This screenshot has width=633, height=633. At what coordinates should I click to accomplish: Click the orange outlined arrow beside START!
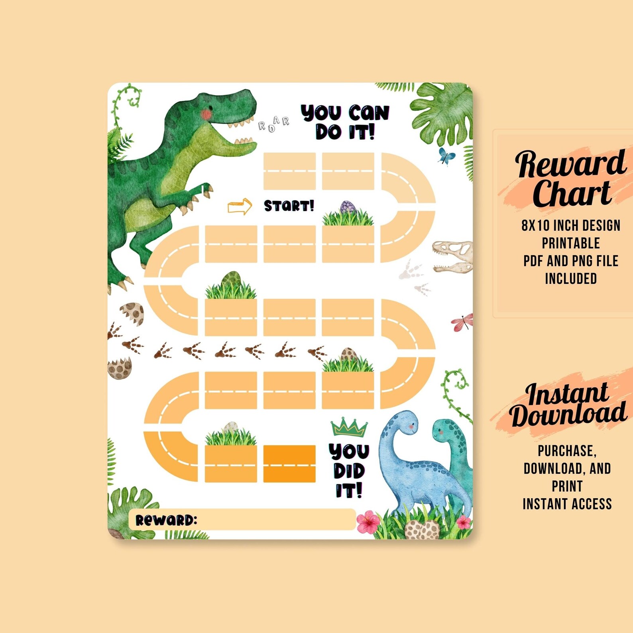240,206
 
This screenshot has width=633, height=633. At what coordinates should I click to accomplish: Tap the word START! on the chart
289,206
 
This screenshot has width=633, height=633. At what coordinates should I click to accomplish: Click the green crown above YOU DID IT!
349,428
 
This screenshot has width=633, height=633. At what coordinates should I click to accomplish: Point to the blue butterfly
446,156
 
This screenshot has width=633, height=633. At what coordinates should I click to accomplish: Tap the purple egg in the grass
348,207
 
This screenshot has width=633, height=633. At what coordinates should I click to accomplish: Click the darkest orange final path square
289,464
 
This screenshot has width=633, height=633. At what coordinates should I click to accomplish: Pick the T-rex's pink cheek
206,114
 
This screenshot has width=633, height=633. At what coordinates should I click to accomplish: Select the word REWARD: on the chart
166,520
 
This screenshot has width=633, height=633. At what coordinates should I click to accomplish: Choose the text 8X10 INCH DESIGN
571,226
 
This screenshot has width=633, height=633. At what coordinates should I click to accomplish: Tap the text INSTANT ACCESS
567,504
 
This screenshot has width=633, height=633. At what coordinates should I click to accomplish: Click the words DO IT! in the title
345,132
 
